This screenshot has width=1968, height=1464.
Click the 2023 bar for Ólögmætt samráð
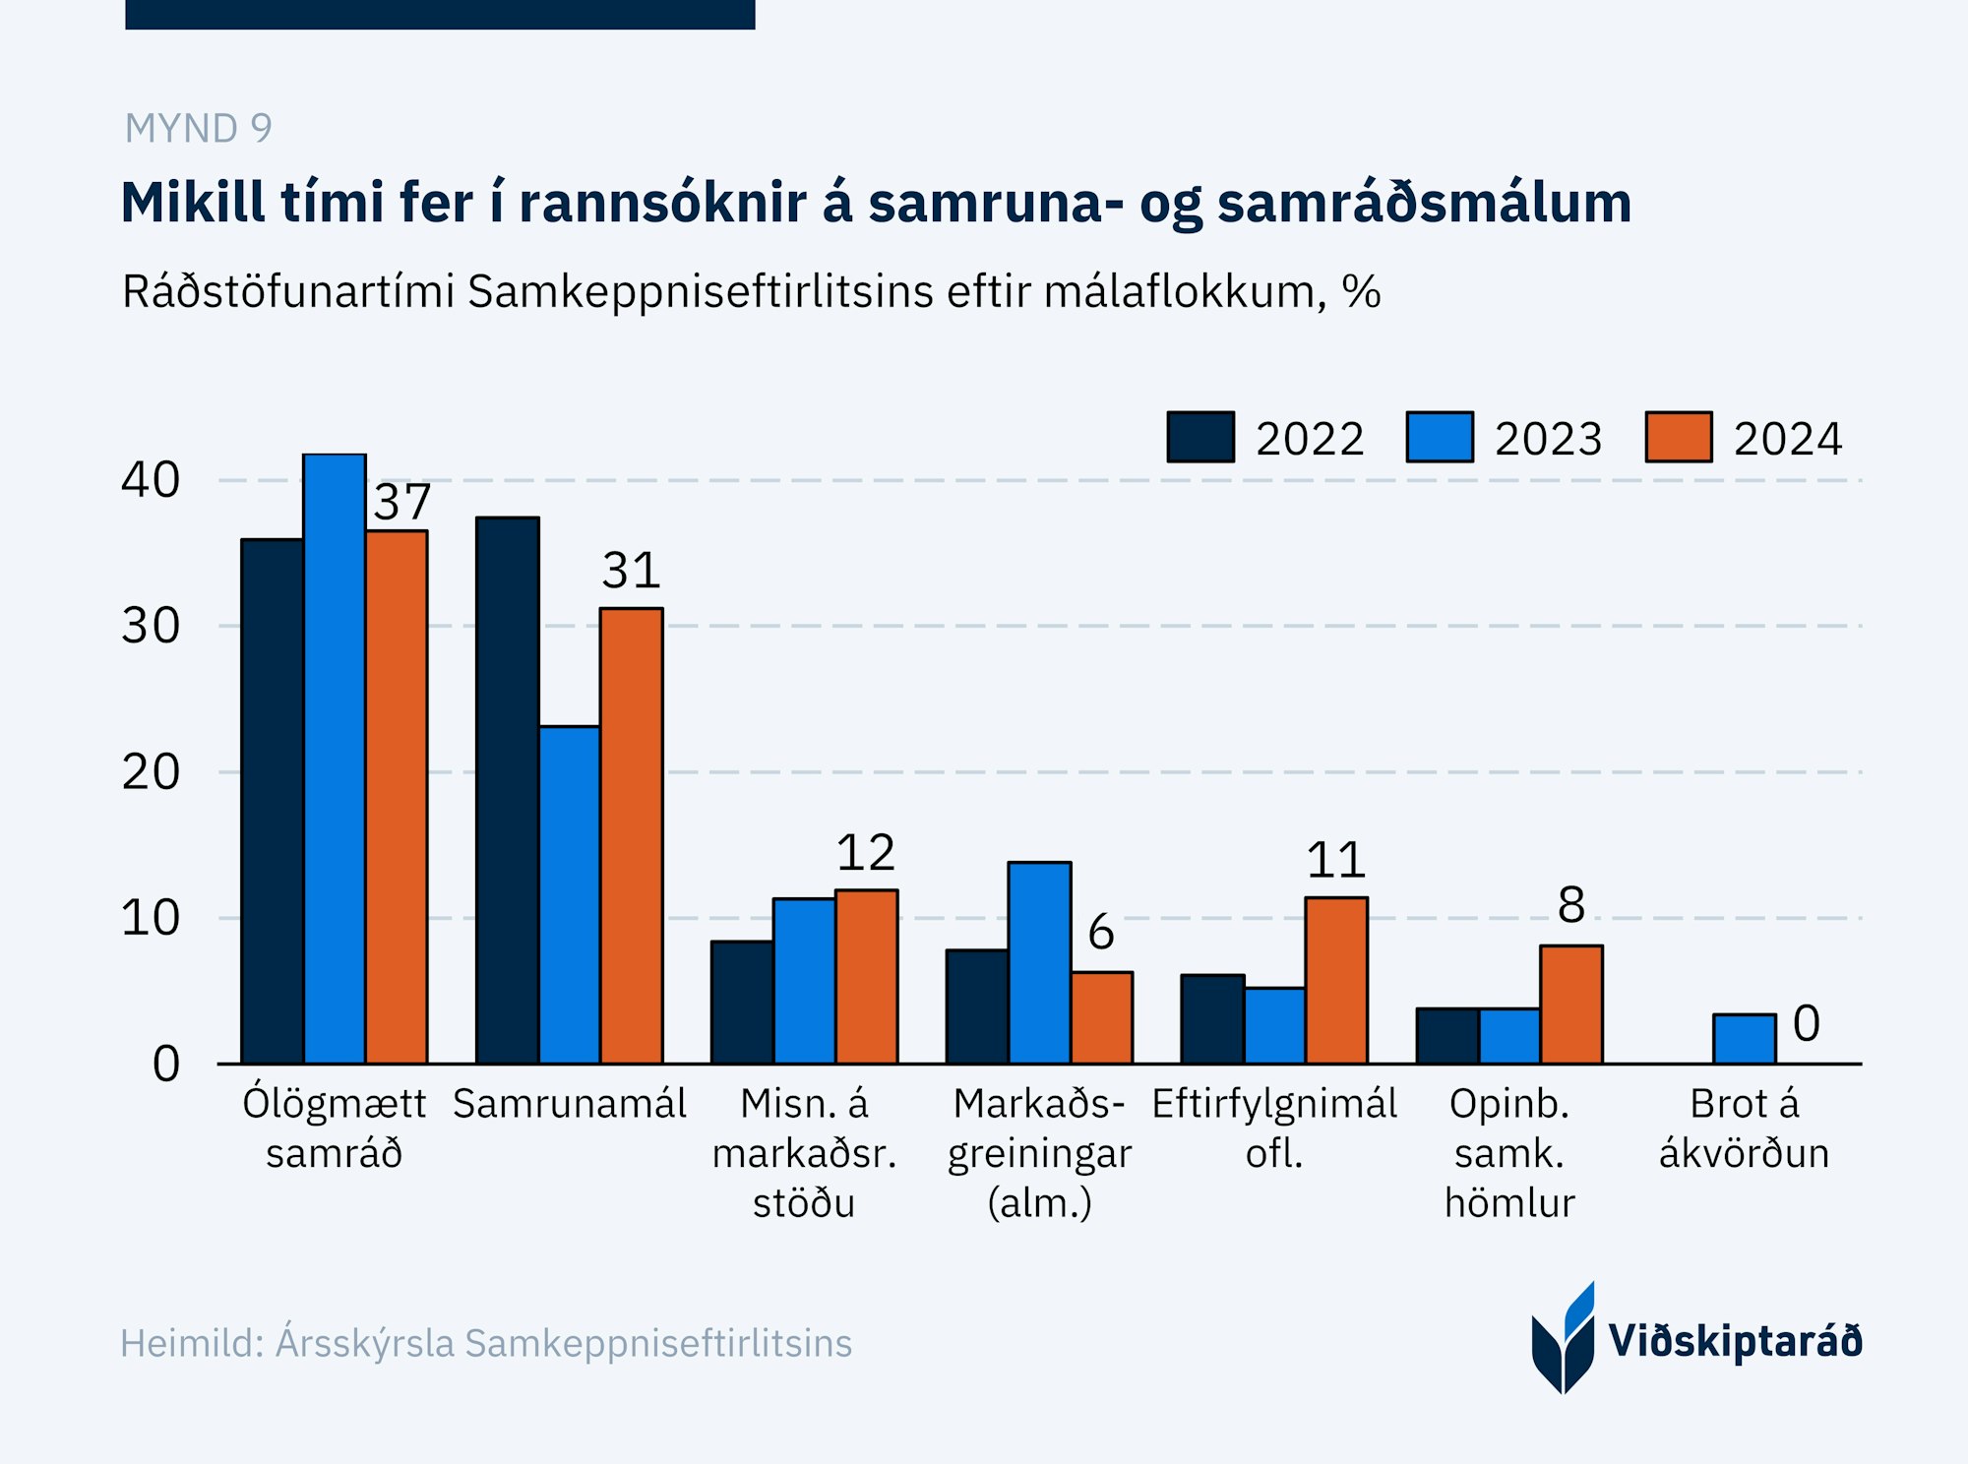click(x=335, y=758)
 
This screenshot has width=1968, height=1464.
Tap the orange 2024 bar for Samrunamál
click(x=632, y=835)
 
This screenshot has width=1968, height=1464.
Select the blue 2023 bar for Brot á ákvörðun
click(x=1744, y=1039)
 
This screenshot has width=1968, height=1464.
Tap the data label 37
click(x=402, y=503)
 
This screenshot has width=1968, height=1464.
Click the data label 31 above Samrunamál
click(x=631, y=571)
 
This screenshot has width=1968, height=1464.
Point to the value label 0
click(x=1806, y=1023)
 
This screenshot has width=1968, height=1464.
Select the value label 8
click(x=1571, y=905)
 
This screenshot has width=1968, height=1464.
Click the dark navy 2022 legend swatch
click(x=1200, y=437)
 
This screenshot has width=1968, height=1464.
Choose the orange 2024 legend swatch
click(x=1679, y=437)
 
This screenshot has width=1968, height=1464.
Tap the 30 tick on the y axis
click(x=151, y=626)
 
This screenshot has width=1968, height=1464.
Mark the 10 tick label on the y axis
click(x=151, y=918)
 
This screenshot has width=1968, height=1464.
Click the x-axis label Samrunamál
click(x=569, y=1104)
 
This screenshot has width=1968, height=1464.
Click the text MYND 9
click(x=198, y=129)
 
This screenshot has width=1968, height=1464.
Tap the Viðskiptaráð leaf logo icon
click(x=1564, y=1339)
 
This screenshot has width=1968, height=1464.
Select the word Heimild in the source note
click(x=185, y=1343)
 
